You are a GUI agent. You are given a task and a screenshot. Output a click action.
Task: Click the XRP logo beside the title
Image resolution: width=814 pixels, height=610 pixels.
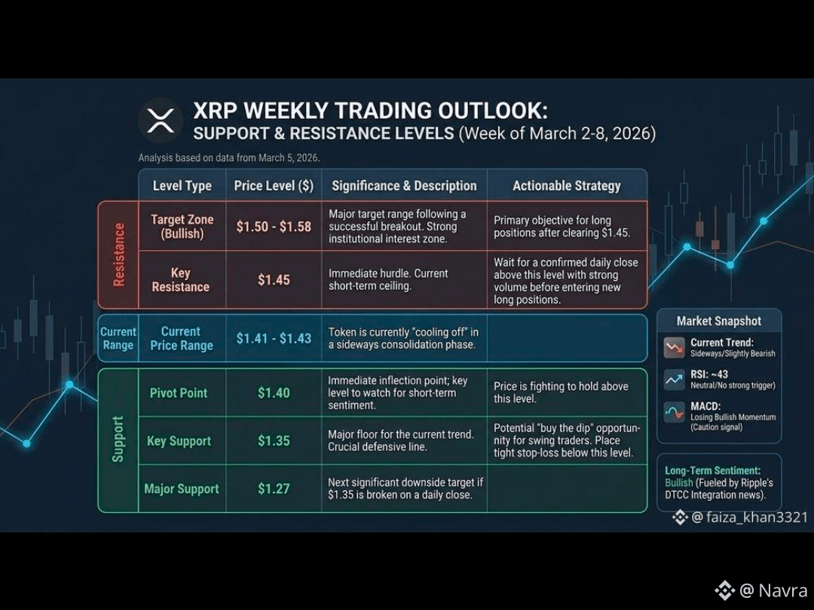click(x=161, y=120)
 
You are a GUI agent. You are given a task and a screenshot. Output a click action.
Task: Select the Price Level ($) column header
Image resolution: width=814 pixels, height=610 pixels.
click(x=274, y=186)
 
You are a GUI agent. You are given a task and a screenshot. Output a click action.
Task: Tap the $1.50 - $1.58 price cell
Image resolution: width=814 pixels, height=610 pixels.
click(x=274, y=227)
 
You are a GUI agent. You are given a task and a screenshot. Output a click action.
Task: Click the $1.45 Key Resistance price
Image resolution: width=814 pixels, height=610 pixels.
click(x=274, y=280)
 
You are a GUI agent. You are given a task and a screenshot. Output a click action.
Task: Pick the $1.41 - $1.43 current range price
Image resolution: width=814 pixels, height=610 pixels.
click(x=274, y=338)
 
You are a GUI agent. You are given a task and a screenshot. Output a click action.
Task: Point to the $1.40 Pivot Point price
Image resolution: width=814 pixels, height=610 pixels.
click(x=274, y=392)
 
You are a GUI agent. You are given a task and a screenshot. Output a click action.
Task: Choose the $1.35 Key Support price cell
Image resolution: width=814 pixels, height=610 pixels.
click(x=274, y=441)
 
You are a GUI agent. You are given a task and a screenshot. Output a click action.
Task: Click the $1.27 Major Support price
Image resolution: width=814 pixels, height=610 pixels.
click(x=274, y=489)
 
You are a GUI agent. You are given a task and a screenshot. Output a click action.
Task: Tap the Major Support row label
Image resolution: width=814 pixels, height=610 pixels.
click(x=182, y=489)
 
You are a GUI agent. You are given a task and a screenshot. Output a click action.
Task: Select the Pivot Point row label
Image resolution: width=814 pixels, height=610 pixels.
click(x=179, y=392)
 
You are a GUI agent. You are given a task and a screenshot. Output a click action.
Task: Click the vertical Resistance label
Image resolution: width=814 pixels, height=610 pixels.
click(x=119, y=255)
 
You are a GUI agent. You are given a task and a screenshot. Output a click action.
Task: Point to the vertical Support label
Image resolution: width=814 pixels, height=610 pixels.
click(x=118, y=439)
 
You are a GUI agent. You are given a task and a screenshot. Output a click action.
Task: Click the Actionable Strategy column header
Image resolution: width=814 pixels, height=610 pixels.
click(x=566, y=186)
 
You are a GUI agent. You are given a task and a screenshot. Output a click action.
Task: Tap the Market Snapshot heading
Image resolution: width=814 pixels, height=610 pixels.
click(x=718, y=321)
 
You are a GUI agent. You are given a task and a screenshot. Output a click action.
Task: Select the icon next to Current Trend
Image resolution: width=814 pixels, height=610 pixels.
click(x=675, y=347)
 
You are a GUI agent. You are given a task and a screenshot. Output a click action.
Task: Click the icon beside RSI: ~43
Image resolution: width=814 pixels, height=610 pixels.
click(x=675, y=380)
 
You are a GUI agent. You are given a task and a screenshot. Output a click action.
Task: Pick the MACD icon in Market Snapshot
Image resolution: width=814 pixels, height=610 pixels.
click(x=675, y=413)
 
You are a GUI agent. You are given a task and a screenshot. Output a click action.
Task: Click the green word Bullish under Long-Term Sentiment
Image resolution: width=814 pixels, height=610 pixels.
click(x=679, y=483)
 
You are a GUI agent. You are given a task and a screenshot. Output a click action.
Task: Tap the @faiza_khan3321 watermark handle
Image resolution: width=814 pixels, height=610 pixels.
click(x=749, y=517)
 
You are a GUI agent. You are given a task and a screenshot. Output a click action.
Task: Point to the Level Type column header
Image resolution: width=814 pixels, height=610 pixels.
click(x=182, y=186)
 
